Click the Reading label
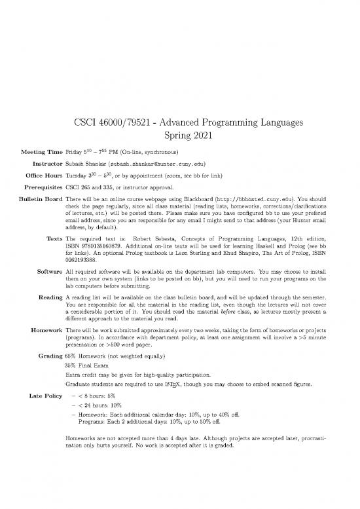[x=51, y=297]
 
